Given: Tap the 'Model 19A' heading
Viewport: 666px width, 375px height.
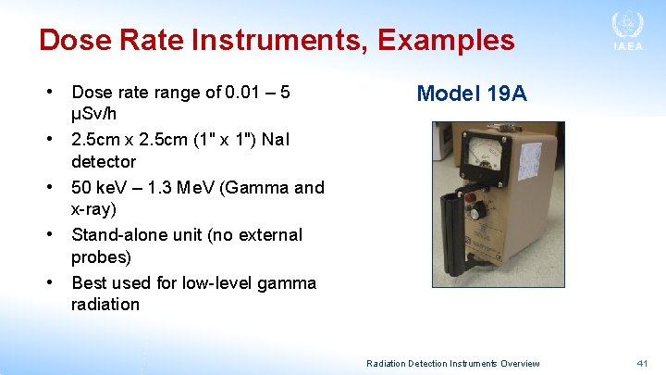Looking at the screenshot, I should click(x=472, y=93).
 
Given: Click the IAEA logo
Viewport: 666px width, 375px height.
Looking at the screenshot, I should click(x=627, y=31).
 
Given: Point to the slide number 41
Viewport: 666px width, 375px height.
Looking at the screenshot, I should click(x=643, y=363).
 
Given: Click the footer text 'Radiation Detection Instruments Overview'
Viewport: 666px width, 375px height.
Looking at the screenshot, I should click(x=453, y=363).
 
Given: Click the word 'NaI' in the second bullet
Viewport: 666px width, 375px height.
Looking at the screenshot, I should click(x=275, y=140).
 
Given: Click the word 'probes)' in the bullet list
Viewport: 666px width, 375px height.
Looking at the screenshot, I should click(x=101, y=256).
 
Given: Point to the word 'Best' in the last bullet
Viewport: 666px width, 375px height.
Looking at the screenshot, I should click(x=90, y=282).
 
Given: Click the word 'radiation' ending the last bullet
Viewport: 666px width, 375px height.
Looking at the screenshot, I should click(x=105, y=304).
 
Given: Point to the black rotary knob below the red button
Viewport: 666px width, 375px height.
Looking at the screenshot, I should click(x=478, y=213).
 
